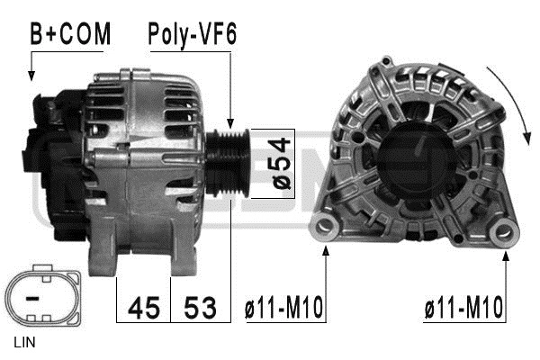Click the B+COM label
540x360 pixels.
pos(70,34)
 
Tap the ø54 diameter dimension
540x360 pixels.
pos(282,164)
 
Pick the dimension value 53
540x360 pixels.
pos(199,308)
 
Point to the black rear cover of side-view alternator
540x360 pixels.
pos(54,162)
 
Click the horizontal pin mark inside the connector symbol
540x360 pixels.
pos(33,295)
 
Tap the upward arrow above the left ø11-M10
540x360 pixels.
pos(325,270)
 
